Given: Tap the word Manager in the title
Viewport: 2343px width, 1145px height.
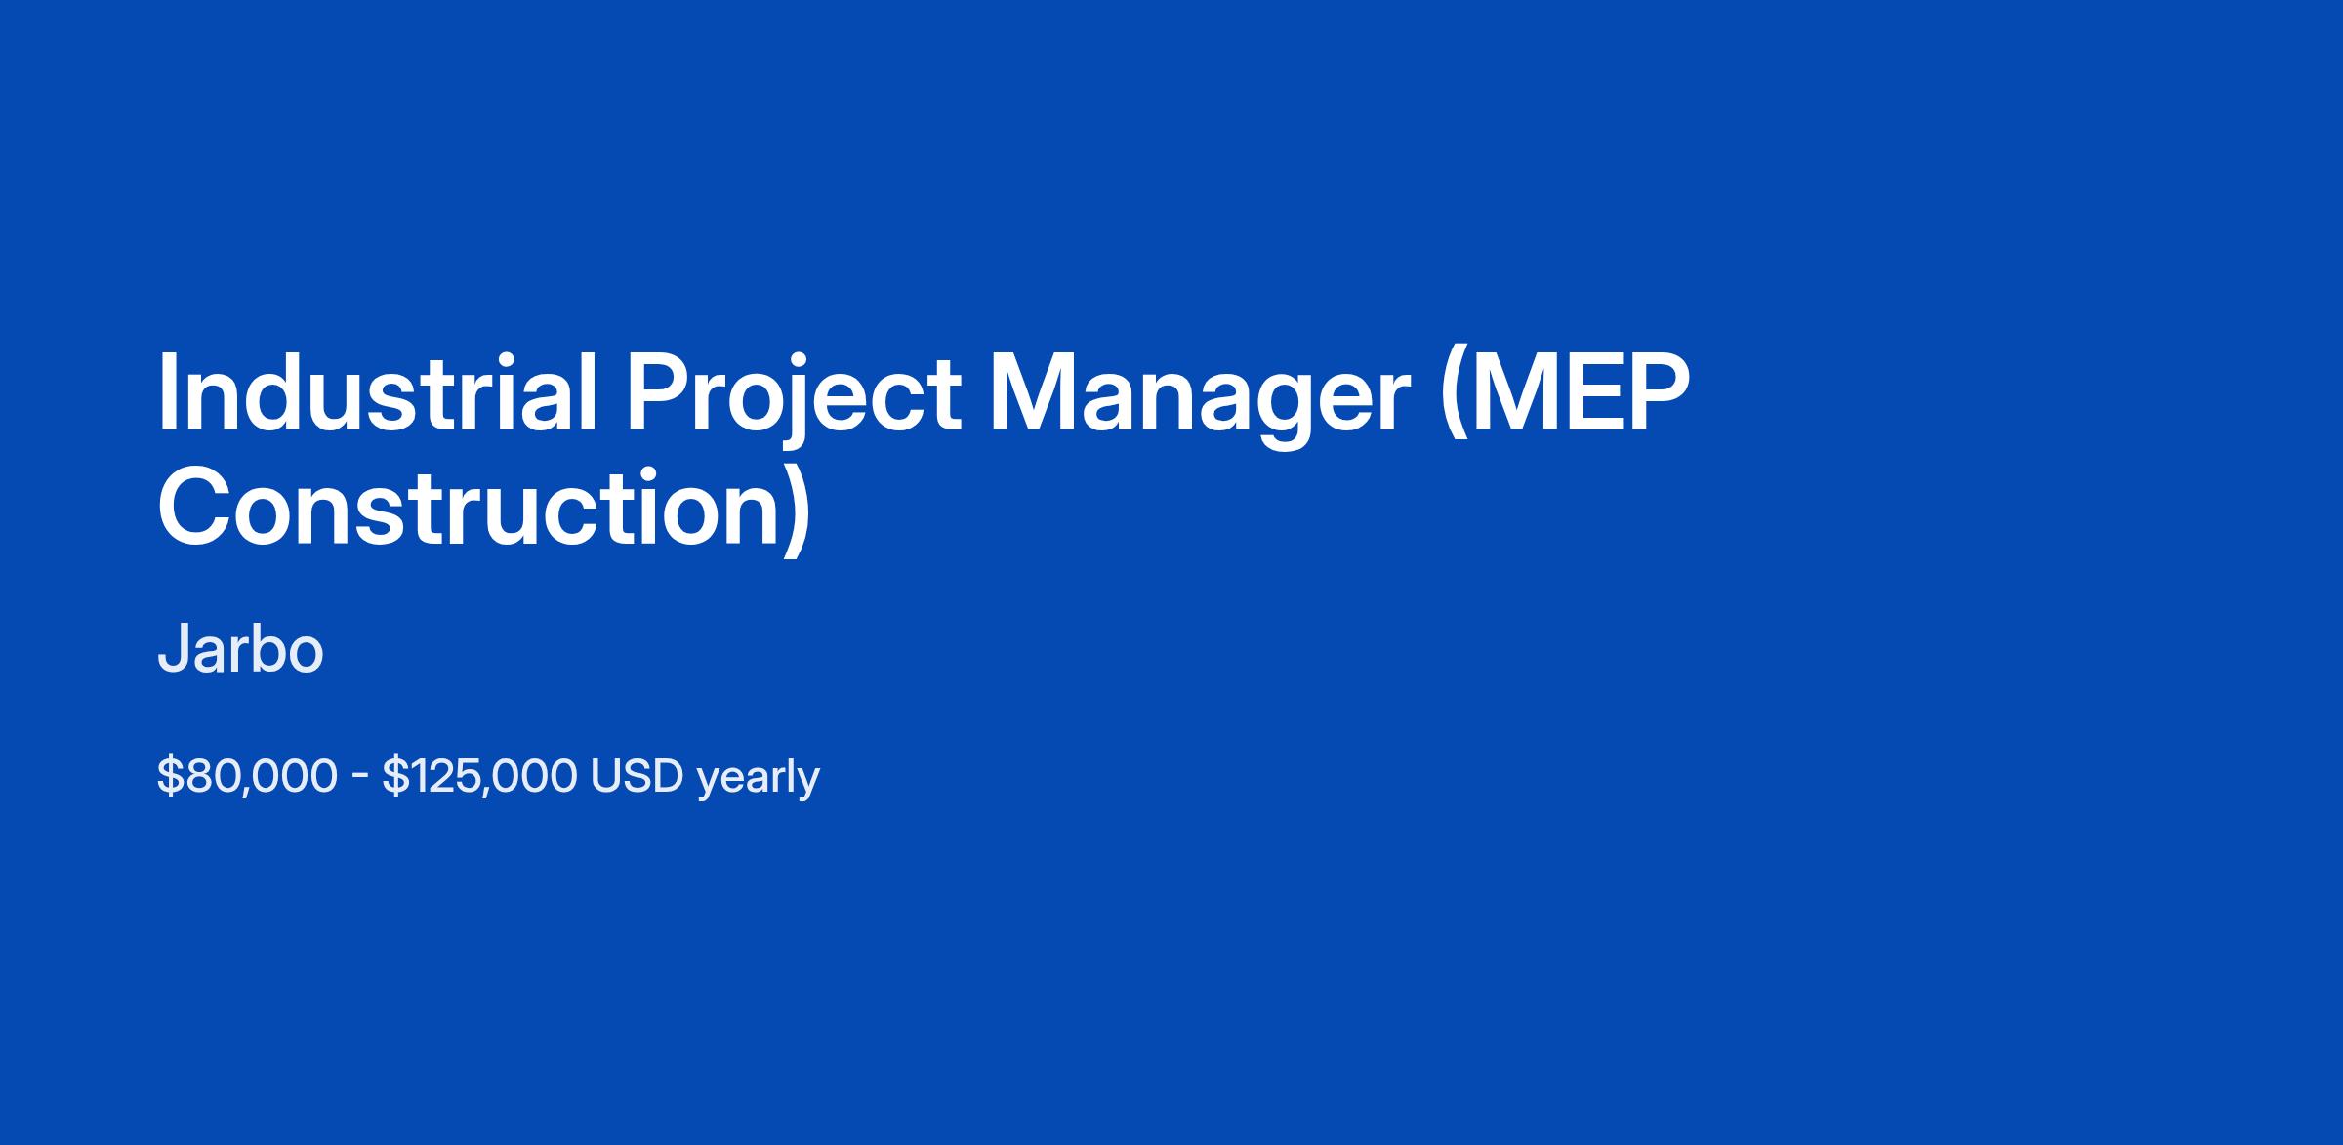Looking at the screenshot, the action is [x=1200, y=400].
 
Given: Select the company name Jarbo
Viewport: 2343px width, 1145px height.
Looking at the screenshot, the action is [x=240, y=649].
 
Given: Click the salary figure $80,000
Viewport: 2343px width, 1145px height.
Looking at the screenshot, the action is [x=247, y=776].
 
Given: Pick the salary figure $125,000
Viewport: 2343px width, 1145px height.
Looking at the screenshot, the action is [x=479, y=776].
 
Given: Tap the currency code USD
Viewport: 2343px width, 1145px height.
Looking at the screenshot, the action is [x=637, y=776].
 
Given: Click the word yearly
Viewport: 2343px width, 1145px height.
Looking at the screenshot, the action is [x=759, y=779].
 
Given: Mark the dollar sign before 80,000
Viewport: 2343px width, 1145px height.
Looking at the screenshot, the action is [x=170, y=776].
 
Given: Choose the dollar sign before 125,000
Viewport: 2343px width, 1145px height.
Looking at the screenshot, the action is [x=393, y=776].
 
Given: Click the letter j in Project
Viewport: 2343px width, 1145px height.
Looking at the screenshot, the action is [x=781, y=402].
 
